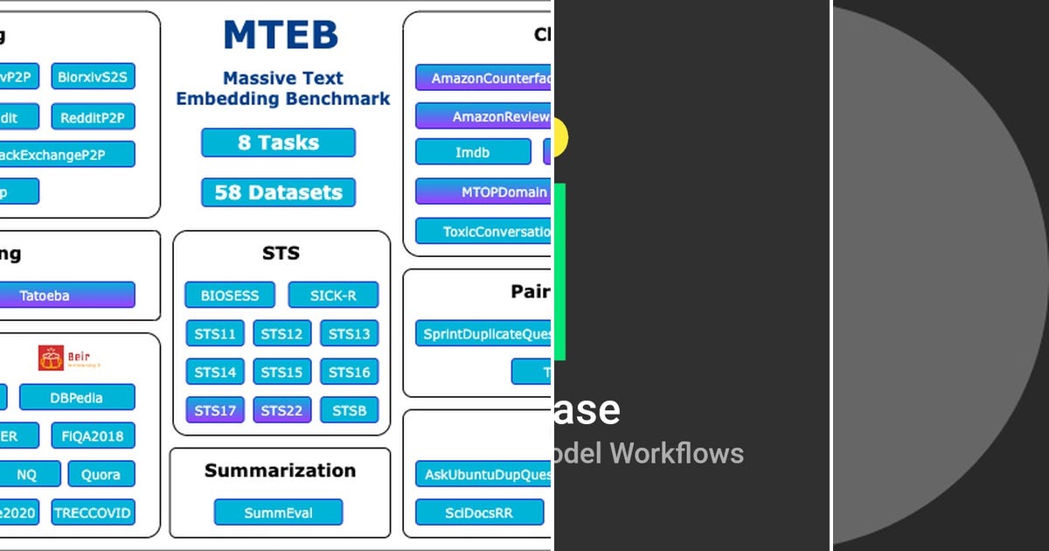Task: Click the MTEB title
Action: click(281, 36)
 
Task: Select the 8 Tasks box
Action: click(278, 143)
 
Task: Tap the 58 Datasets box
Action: click(278, 192)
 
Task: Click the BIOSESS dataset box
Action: click(230, 296)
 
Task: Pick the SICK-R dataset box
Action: click(333, 296)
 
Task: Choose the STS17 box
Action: click(215, 410)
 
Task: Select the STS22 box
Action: click(281, 410)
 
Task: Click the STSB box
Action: click(349, 410)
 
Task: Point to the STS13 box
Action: click(349, 334)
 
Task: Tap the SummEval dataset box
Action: click(278, 513)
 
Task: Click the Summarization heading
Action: click(280, 471)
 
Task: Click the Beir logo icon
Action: click(52, 358)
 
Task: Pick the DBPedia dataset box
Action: click(77, 398)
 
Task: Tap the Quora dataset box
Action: click(101, 474)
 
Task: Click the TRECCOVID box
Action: click(92, 513)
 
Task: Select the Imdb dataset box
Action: click(472, 152)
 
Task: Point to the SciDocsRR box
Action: click(477, 513)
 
